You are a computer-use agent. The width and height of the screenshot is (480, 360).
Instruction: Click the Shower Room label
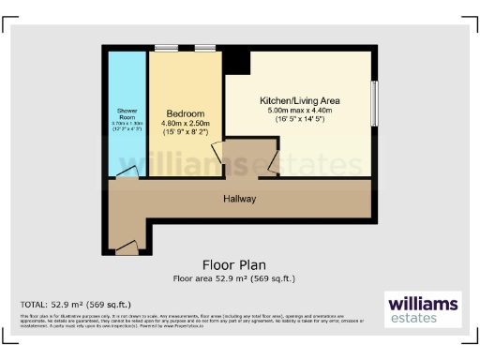tap(127, 114)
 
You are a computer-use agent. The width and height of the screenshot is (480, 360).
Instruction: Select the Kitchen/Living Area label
tap(300, 99)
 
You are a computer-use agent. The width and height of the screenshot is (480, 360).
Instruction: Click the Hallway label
tap(240, 199)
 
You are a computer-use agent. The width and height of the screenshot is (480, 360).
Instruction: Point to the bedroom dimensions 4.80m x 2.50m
tap(185, 122)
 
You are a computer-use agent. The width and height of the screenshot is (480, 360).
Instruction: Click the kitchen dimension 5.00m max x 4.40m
tap(300, 110)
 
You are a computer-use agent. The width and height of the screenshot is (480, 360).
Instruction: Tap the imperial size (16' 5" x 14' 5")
tap(300, 120)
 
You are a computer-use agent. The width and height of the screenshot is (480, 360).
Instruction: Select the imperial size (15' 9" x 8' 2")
tap(185, 132)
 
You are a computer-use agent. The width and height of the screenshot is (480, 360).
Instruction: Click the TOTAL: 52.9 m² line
tap(76, 305)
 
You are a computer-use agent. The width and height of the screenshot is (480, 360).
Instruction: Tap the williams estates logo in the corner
tap(423, 309)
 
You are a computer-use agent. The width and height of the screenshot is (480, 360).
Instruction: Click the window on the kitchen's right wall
tap(373, 107)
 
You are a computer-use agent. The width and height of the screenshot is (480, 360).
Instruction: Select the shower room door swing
tap(131, 172)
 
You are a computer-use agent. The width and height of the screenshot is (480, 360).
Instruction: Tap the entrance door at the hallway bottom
tap(126, 247)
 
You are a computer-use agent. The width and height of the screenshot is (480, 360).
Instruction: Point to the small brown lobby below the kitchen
tap(247, 158)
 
